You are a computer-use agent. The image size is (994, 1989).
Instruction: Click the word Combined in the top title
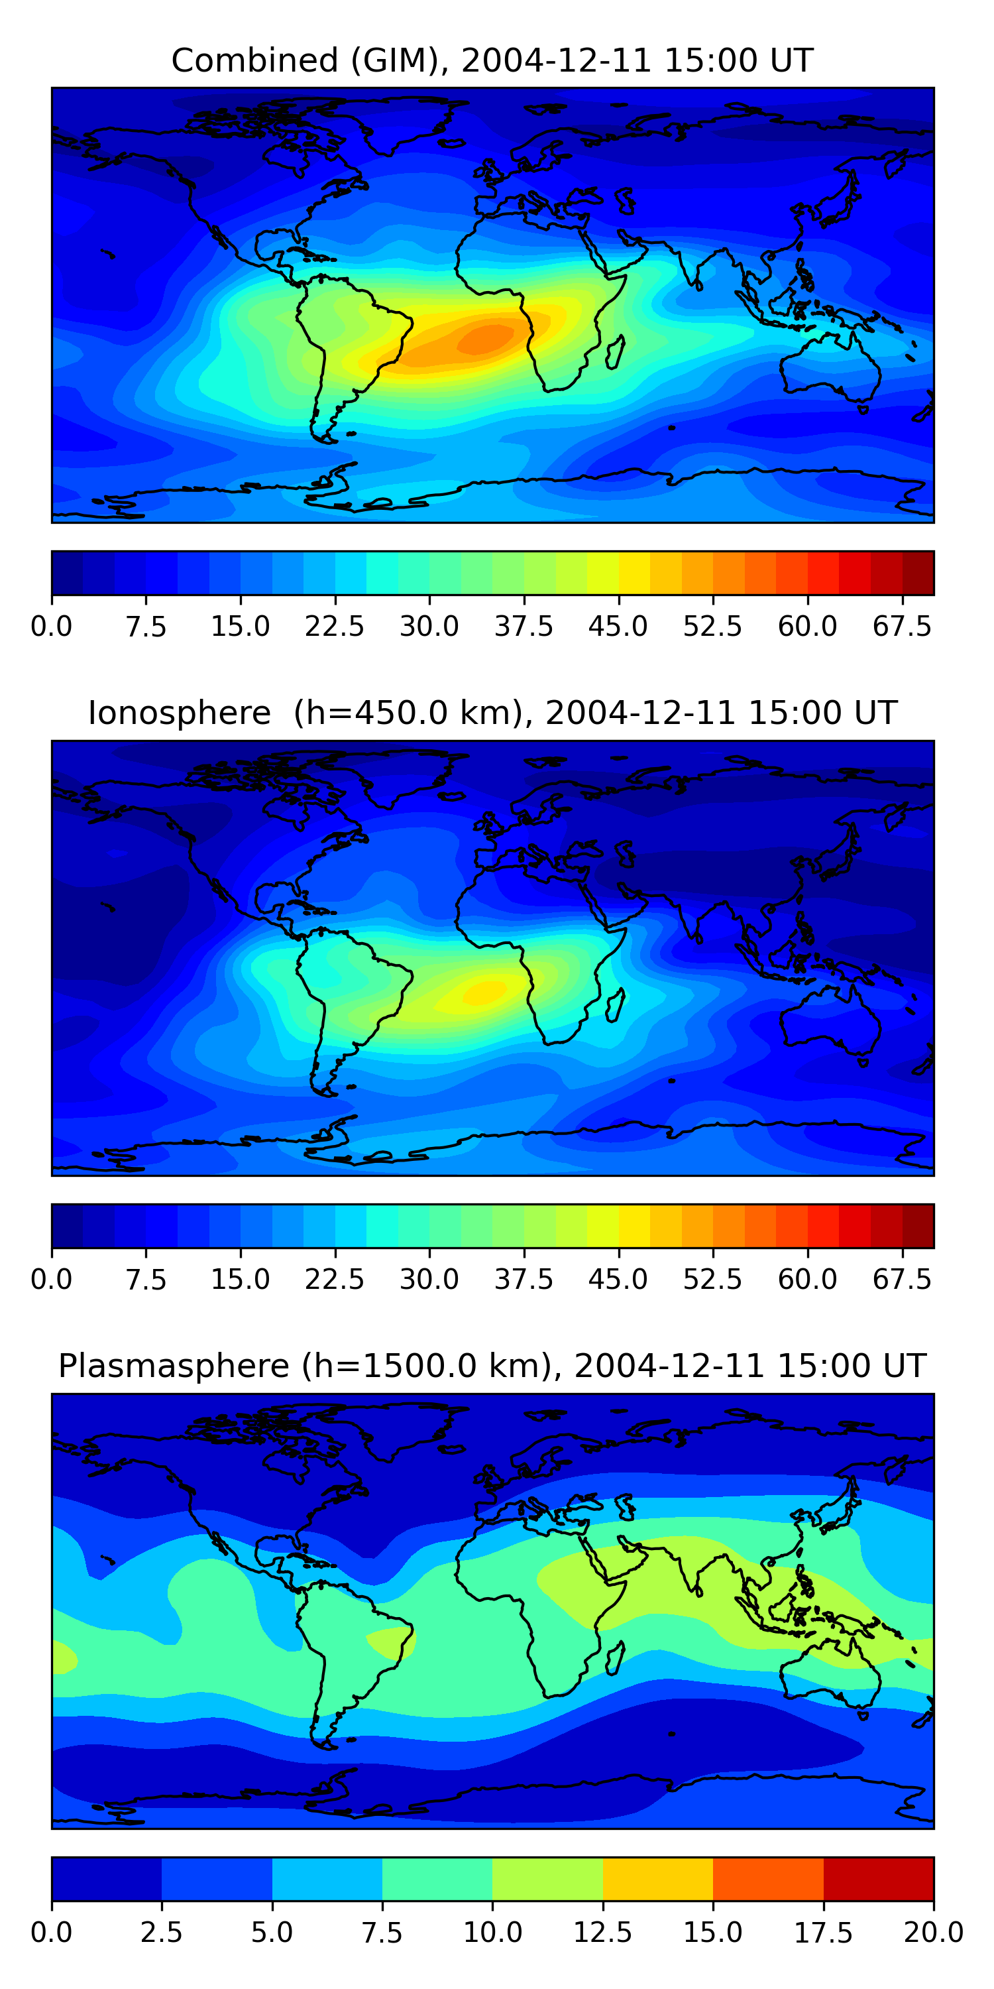coord(254,60)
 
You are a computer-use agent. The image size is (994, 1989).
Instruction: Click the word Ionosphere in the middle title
coord(179,713)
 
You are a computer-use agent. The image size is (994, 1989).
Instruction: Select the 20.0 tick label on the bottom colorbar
coord(933,1933)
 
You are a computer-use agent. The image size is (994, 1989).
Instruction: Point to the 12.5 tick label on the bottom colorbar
coord(602,1933)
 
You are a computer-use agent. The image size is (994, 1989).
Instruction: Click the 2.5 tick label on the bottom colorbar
coord(161,1933)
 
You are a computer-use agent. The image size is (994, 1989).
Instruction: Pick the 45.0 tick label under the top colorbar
coord(618,626)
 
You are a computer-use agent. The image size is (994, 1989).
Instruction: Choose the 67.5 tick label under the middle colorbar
coord(901,1280)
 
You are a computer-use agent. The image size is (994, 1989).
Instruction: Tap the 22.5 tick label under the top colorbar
coord(334,626)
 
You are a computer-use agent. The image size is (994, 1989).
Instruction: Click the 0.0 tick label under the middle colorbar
coord(52,1280)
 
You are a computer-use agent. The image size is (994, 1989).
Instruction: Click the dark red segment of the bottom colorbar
coord(878,1878)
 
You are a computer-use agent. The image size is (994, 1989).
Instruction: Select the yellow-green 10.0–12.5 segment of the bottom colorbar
coord(547,1878)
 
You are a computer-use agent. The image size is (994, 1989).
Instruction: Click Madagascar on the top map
coord(615,353)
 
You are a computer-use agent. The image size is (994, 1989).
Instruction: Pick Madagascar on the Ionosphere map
coord(615,1005)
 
